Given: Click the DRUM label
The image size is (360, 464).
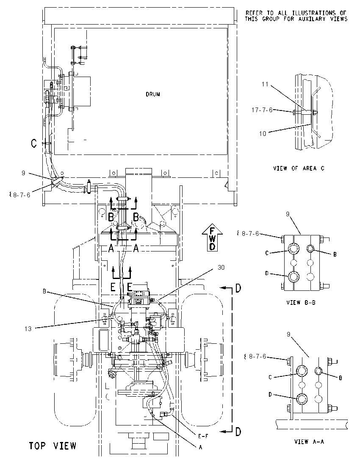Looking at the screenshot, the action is tap(153, 94).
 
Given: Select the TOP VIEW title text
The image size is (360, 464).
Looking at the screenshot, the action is tap(53, 446).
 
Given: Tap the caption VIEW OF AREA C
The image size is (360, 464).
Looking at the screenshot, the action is tap(299, 168).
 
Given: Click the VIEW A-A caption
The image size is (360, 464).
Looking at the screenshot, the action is tap(309, 442).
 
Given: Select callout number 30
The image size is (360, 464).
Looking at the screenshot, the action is tap(221, 268).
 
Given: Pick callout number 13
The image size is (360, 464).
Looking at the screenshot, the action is tap(28, 329).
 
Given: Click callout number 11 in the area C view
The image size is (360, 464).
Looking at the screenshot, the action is tap(265, 84).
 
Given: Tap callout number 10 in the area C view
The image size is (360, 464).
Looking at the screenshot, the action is tap(263, 134).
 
